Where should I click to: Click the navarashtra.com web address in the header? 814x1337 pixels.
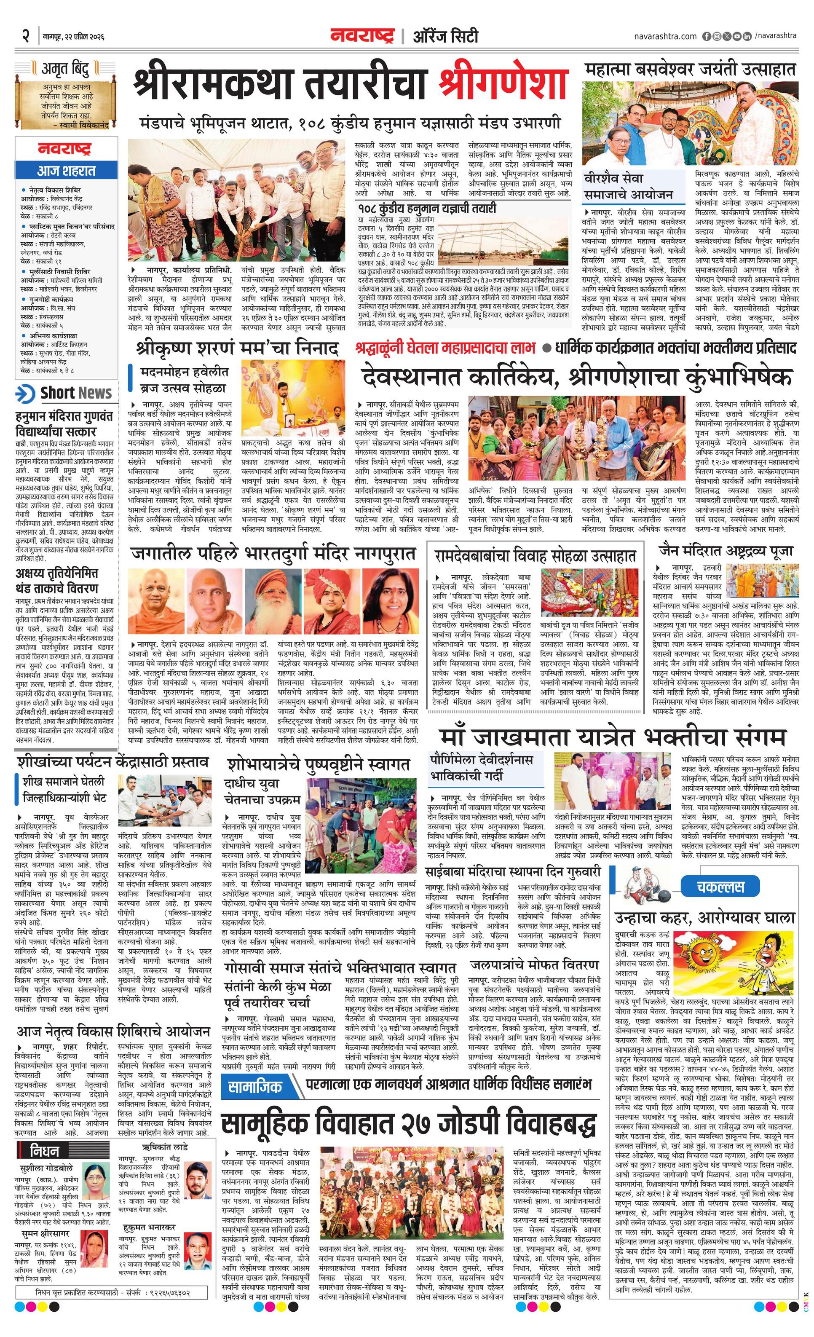point(665,36)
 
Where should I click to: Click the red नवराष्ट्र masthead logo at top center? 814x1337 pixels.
point(362,36)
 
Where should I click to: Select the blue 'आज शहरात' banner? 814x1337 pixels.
point(66,171)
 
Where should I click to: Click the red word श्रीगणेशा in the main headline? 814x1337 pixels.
point(503,85)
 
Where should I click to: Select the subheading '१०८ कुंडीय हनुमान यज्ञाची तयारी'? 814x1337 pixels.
point(426,208)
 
